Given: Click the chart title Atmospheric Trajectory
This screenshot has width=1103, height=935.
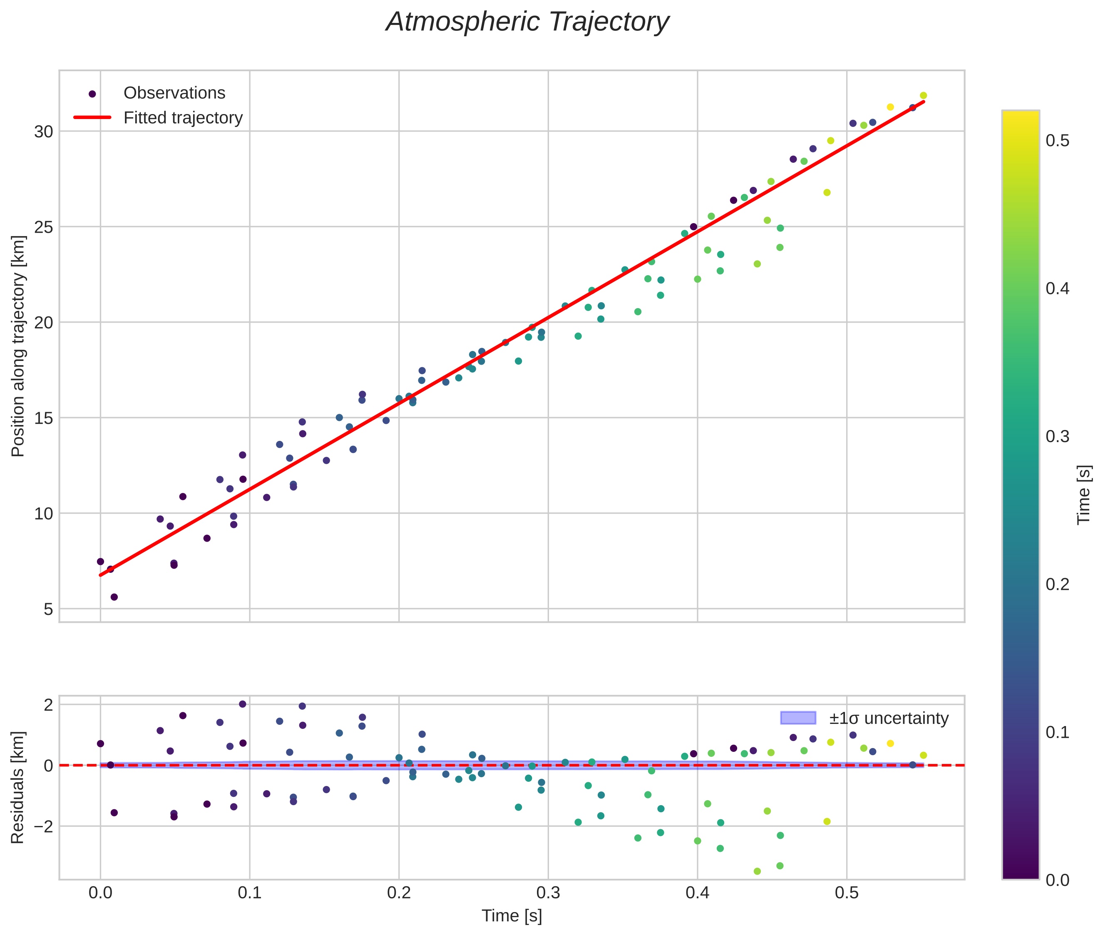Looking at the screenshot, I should pos(527,22).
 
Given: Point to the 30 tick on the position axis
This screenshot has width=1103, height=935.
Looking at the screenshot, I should pos(44,132).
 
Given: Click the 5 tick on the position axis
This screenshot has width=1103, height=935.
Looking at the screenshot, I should pos(48,609).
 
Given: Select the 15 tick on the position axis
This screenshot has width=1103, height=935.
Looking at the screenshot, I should pos(44,418).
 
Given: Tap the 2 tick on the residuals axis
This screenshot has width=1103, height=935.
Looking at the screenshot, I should pos(48,704).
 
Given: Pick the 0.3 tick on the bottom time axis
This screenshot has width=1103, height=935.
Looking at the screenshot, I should pos(548,893).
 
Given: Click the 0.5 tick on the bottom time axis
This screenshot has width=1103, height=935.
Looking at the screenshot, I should pos(847,893).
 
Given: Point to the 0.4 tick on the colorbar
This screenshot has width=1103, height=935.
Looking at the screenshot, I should pos(1057,289).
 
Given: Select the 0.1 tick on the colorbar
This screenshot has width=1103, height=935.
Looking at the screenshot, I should pos(1057,732).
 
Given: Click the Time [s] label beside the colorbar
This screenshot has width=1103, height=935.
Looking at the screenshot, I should pos(1084,495).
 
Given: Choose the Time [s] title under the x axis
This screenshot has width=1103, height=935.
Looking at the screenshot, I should pos(512,916).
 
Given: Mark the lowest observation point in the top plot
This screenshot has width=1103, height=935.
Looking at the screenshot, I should pos(114,597).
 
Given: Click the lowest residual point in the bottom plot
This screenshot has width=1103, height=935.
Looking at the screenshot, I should pos(757,871).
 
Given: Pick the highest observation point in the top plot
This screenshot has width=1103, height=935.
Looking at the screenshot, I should pos(923,95).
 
